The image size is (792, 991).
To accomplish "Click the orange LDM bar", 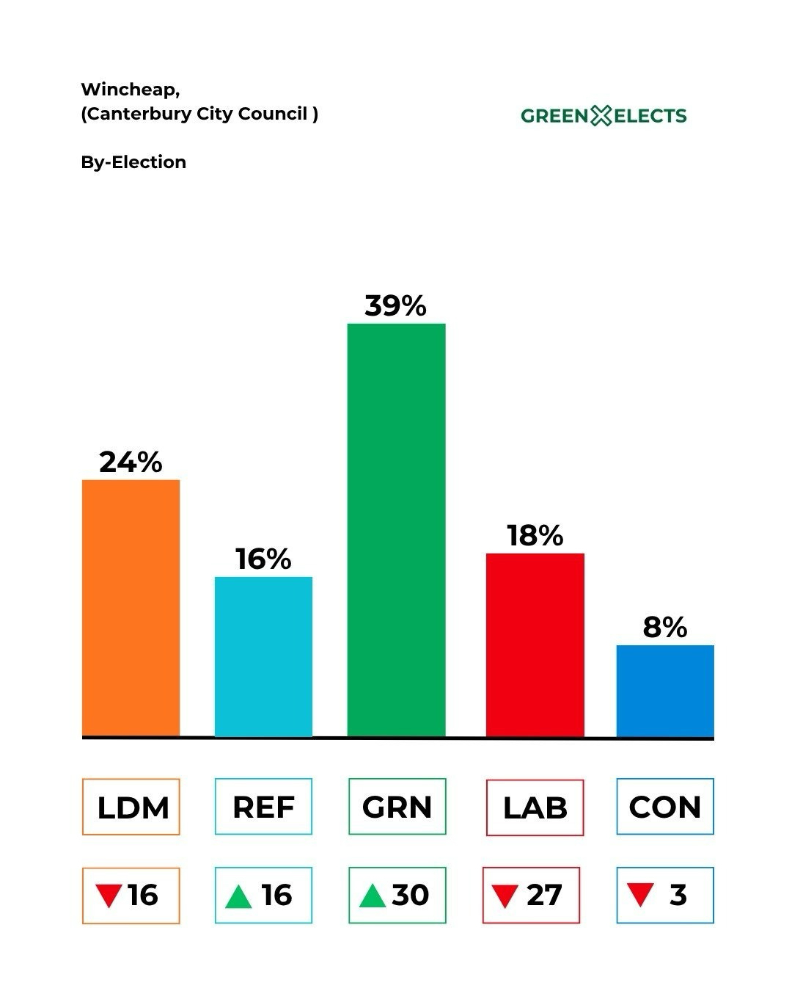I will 131,608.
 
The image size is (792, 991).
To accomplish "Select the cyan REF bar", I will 263,656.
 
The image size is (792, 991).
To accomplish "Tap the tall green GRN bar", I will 396,529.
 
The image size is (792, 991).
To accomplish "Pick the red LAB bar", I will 535,645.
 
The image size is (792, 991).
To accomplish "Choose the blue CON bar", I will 665,691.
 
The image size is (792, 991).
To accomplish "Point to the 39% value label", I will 395,305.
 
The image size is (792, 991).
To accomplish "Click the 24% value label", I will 131,462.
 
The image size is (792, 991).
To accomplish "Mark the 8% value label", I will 665,627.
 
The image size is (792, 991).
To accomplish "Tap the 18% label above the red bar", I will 535,535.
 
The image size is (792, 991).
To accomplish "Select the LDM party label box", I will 131,807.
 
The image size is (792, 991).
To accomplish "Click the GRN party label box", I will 397,807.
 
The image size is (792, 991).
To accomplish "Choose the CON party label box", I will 665,807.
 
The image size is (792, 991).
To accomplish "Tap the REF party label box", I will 263,807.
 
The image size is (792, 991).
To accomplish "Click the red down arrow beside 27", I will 505,896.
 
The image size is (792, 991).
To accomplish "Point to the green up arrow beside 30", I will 373,896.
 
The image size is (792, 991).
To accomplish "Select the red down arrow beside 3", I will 640,895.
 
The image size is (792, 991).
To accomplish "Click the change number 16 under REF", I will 276,895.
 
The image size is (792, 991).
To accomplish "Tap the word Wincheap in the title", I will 129,90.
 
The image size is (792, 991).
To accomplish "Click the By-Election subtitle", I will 133,162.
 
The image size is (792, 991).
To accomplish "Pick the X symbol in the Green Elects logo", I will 601,115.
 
